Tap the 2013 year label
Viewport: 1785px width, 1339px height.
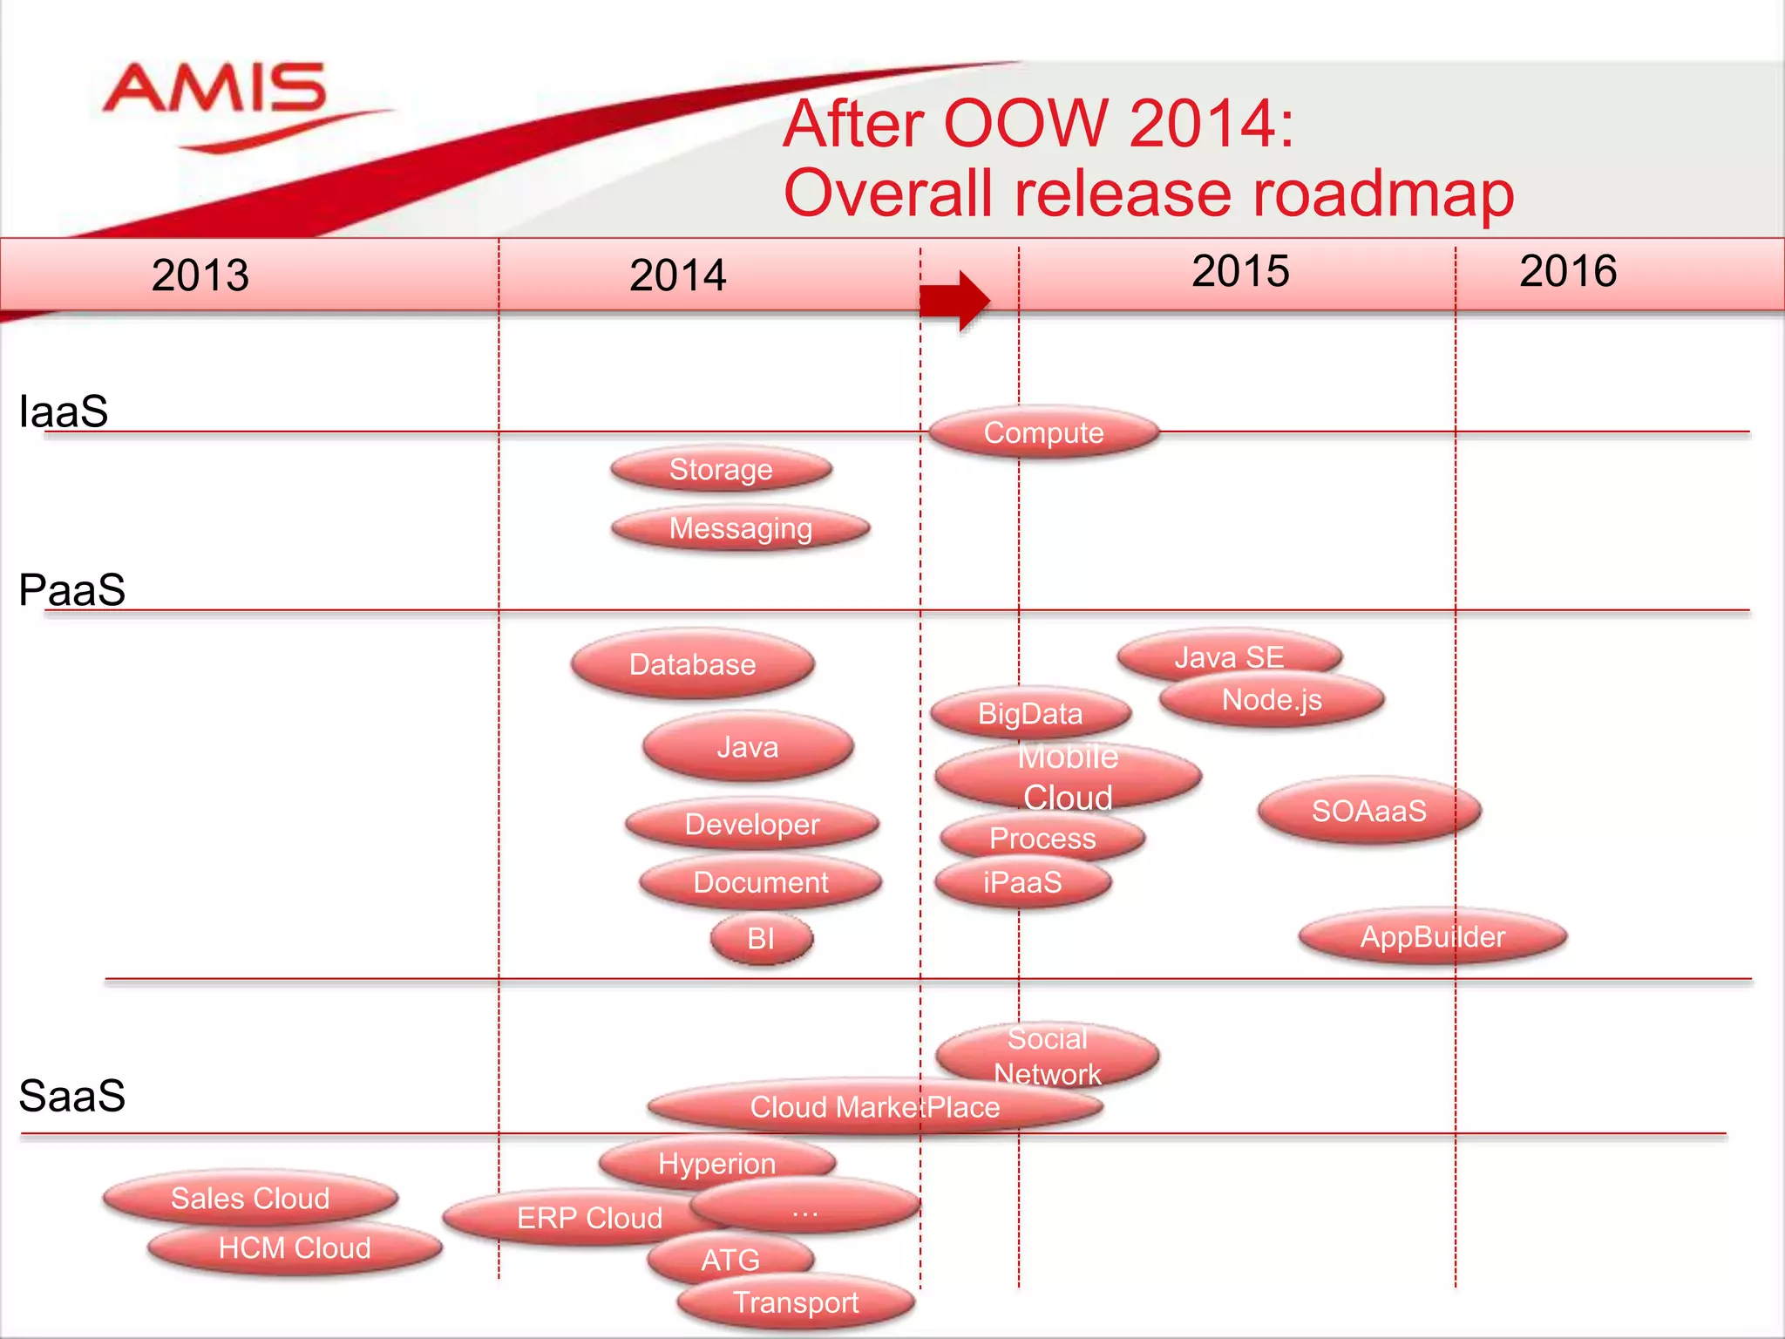tap(200, 275)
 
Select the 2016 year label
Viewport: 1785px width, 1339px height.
tap(1568, 271)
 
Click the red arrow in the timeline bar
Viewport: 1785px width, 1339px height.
tap(955, 300)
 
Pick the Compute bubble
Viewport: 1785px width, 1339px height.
tap(1043, 432)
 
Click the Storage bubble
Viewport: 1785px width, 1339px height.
tap(721, 469)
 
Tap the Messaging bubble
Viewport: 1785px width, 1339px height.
tap(741, 528)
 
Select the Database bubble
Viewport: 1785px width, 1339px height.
tap(693, 664)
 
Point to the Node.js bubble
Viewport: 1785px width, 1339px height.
tap(1272, 700)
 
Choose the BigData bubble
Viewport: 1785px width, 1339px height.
tap(1030, 714)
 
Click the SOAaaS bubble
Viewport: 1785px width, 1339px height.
tap(1368, 811)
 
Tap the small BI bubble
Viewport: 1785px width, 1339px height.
tap(761, 939)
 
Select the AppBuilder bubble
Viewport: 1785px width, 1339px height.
tap(1432, 937)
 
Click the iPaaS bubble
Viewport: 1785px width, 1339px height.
tap(1022, 882)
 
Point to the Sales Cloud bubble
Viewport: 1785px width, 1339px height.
tap(250, 1199)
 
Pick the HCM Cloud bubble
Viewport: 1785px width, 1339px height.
tap(295, 1248)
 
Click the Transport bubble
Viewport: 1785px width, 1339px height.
tap(796, 1302)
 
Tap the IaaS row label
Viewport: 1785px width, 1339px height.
tap(64, 411)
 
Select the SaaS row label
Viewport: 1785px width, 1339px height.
tap(72, 1096)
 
